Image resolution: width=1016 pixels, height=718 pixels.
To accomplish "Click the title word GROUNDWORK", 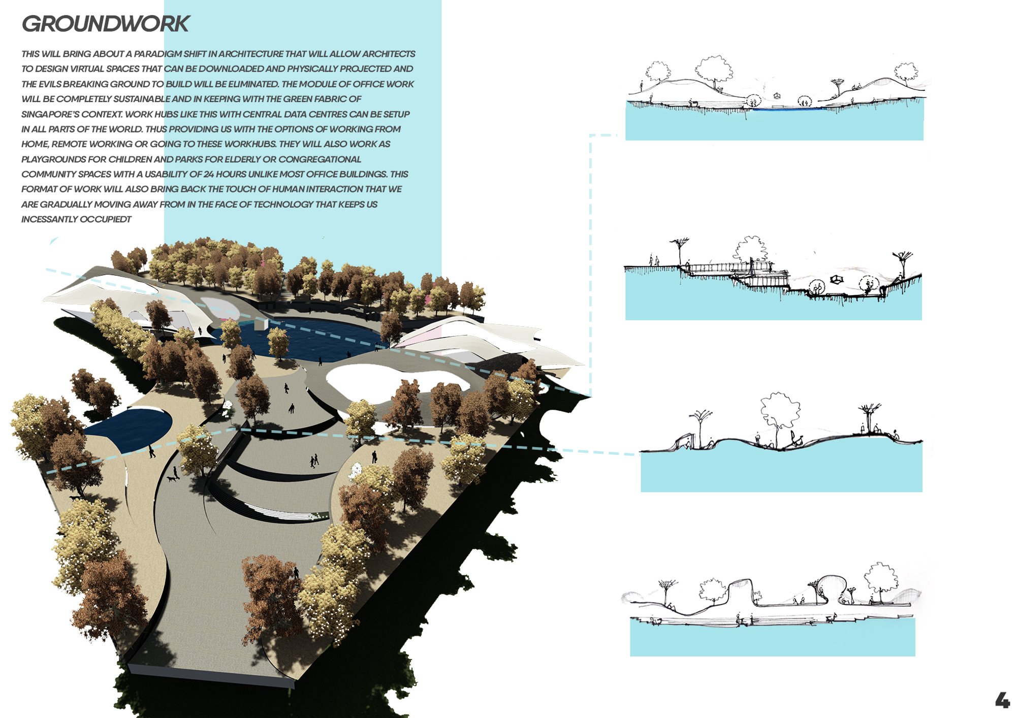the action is [106, 24].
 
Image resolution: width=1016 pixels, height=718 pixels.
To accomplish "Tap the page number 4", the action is [1002, 700].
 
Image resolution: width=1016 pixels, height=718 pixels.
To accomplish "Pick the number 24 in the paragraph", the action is [208, 174].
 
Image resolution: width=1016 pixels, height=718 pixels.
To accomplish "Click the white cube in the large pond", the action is [262, 323].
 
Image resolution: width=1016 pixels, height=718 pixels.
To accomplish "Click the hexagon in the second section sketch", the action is [836, 279].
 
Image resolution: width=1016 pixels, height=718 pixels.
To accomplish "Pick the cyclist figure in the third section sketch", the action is [793, 440].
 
